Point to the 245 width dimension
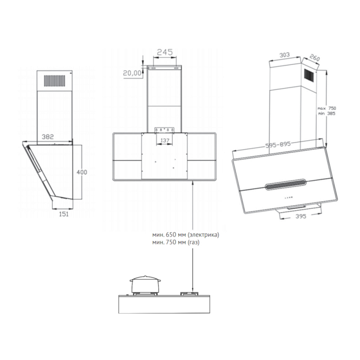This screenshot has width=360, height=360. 165,52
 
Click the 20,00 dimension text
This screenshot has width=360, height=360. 131,72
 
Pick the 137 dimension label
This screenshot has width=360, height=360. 165,140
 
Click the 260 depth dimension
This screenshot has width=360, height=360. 315,58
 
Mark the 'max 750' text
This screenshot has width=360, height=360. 327,108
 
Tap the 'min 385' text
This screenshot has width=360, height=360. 327,114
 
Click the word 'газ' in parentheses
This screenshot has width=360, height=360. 193,243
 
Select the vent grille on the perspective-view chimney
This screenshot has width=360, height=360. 310,76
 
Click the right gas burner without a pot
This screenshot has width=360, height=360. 192,294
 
